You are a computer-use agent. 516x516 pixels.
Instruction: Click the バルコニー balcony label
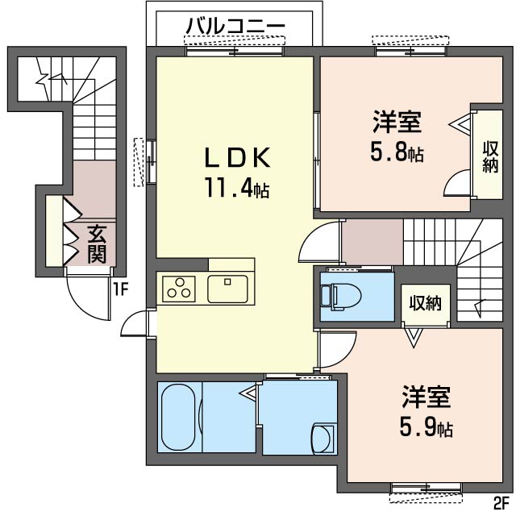point(235,27)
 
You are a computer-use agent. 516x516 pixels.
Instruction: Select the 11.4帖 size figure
point(235,189)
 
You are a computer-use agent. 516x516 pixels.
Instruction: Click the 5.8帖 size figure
point(397,152)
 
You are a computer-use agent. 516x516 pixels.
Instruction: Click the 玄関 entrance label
point(97,245)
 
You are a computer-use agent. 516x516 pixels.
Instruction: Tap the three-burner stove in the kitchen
point(180,289)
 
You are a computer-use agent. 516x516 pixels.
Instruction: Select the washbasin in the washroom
point(322,439)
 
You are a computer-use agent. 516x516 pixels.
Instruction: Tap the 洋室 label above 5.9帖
point(426,397)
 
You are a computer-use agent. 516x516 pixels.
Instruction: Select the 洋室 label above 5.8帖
point(397,123)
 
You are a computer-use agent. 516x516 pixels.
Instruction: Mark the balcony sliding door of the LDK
point(234,51)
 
